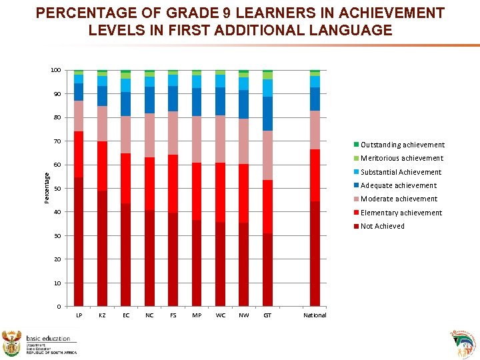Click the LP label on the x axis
pos(79,315)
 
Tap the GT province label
pos(267,315)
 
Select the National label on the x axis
pos(315,315)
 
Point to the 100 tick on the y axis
pos(55,70)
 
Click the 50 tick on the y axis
pos(57,189)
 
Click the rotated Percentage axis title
pos(47,188)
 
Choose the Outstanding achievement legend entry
pos(402,145)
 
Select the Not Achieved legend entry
pos(382,226)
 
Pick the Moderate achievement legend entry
pos(399,199)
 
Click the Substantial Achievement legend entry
pos(401,172)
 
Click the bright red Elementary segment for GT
pos(267,207)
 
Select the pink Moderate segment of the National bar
pos(315,130)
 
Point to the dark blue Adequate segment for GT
pos(267,113)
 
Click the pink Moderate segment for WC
pos(220,139)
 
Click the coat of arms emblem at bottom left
pos(13,343)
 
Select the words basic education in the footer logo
pos(48,339)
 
